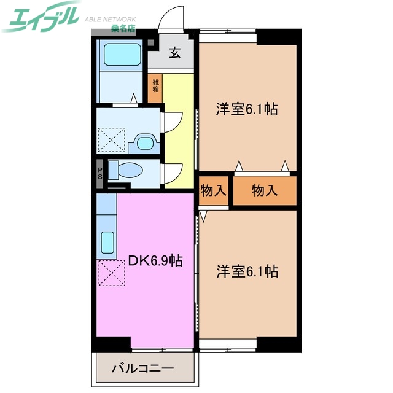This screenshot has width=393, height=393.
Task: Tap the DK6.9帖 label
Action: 154,261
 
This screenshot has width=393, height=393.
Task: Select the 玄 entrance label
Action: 174,53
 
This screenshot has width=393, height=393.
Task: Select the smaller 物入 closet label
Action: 212,191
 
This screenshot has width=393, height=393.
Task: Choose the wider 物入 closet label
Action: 265,191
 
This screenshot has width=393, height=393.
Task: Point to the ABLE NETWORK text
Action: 109,18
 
